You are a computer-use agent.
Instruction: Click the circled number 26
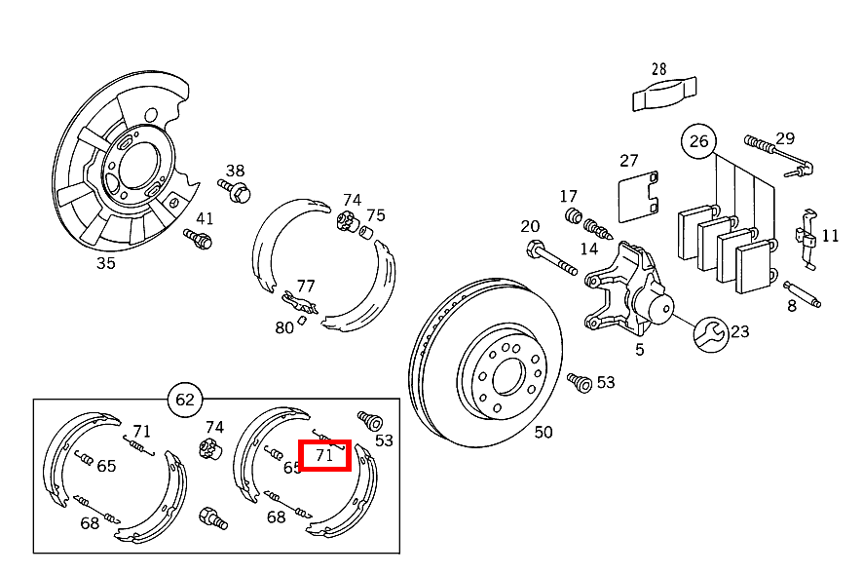(x=698, y=141)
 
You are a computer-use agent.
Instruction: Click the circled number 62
(x=185, y=399)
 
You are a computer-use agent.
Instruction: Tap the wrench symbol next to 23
(x=710, y=333)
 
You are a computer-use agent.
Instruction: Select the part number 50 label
(x=543, y=432)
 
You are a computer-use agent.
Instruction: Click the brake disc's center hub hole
(x=507, y=374)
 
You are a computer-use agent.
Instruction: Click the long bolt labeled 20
(x=550, y=257)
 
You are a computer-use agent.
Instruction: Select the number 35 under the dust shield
(x=105, y=262)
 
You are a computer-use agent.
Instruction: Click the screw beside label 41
(x=198, y=237)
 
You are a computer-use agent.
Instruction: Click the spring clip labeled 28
(x=665, y=94)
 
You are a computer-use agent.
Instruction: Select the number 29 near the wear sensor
(x=785, y=138)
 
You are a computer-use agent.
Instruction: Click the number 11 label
(x=830, y=236)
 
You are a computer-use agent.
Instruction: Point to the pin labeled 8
(x=804, y=293)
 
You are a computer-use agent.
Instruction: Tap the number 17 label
(x=569, y=197)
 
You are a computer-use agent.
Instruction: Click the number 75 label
(x=375, y=215)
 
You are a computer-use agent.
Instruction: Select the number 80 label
(x=283, y=328)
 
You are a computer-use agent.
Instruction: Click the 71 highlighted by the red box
(x=324, y=455)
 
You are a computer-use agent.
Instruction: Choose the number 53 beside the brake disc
(x=606, y=382)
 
